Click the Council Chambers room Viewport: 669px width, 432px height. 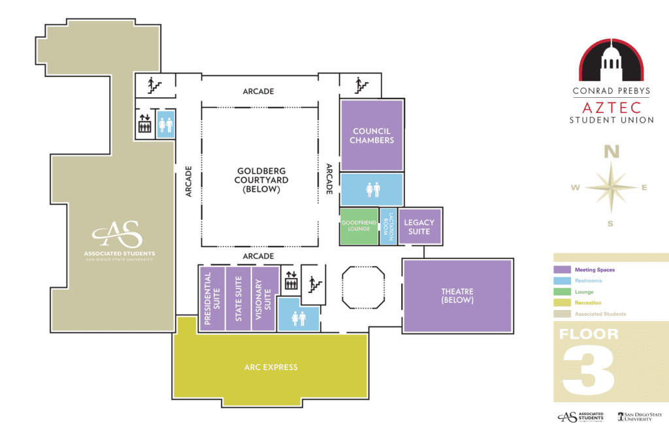coord(372,135)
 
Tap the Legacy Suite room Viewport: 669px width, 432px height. coord(419,226)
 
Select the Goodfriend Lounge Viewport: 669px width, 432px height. coord(359,226)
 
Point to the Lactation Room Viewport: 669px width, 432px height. coord(389,226)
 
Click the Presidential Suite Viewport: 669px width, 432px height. coord(211,298)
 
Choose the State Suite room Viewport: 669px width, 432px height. coord(238,298)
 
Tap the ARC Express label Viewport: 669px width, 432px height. coord(270,367)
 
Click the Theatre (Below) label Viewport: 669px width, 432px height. coord(457,296)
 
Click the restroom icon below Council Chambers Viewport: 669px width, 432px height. coord(372,189)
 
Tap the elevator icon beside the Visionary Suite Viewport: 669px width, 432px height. coord(291,284)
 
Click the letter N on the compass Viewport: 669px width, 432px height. coord(612,152)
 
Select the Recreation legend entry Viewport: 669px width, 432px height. coord(588,303)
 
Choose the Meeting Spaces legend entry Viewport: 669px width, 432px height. coord(594,270)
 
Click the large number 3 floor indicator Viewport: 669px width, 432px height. coord(589,370)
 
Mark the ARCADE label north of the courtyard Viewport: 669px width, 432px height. coord(258,91)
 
